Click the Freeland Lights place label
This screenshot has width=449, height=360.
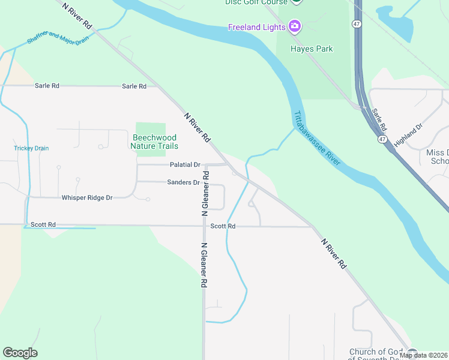click(x=256, y=27)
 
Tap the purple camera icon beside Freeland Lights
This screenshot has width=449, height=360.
click(x=294, y=26)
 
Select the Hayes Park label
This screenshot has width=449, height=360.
click(x=311, y=49)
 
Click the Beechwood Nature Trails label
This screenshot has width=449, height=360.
click(x=155, y=141)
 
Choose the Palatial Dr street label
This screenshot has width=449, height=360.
click(x=184, y=164)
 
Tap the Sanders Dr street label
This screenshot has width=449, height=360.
click(x=183, y=182)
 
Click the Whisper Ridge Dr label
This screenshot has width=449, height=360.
click(x=87, y=197)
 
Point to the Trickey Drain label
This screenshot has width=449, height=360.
click(x=31, y=148)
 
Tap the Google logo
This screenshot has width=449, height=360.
click(x=20, y=353)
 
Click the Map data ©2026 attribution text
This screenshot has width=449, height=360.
click(x=424, y=355)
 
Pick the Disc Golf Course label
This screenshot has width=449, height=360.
click(x=257, y=2)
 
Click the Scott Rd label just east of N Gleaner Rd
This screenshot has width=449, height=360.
click(x=223, y=226)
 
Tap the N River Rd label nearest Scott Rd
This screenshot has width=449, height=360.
click(x=334, y=253)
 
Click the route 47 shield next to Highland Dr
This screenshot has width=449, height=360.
click(x=382, y=139)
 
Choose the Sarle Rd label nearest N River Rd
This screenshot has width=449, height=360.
click(x=134, y=86)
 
